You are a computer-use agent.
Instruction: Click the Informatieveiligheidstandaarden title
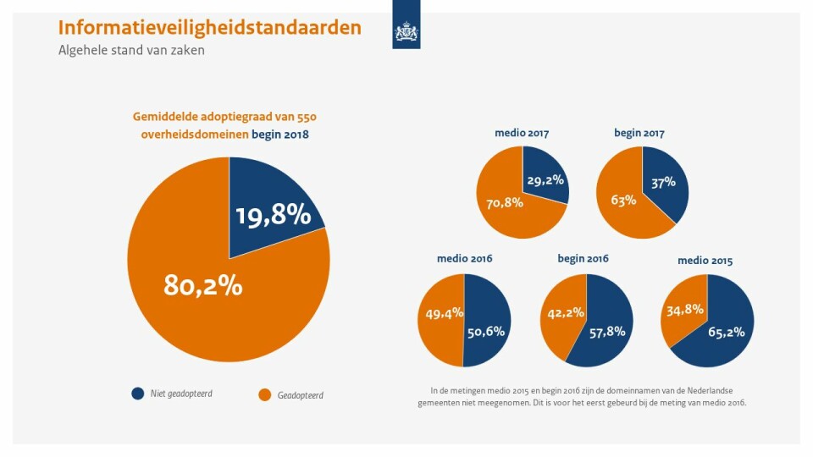(x=209, y=28)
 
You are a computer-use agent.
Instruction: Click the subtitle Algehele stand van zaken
(x=131, y=51)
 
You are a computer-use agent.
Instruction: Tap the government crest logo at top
(x=406, y=32)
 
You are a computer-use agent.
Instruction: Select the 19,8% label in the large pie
(x=273, y=216)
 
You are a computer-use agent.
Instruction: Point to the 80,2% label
(x=202, y=286)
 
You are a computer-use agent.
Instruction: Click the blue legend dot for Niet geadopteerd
(x=138, y=394)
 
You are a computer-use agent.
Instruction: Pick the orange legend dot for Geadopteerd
(x=265, y=394)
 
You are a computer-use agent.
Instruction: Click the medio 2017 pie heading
(x=522, y=133)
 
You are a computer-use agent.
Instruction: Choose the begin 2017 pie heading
(x=639, y=133)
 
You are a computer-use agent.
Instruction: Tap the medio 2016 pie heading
(x=464, y=258)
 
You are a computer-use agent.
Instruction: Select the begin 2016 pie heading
(x=583, y=258)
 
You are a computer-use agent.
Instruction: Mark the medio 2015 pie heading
(x=705, y=261)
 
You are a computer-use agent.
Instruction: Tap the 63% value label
(x=622, y=201)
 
